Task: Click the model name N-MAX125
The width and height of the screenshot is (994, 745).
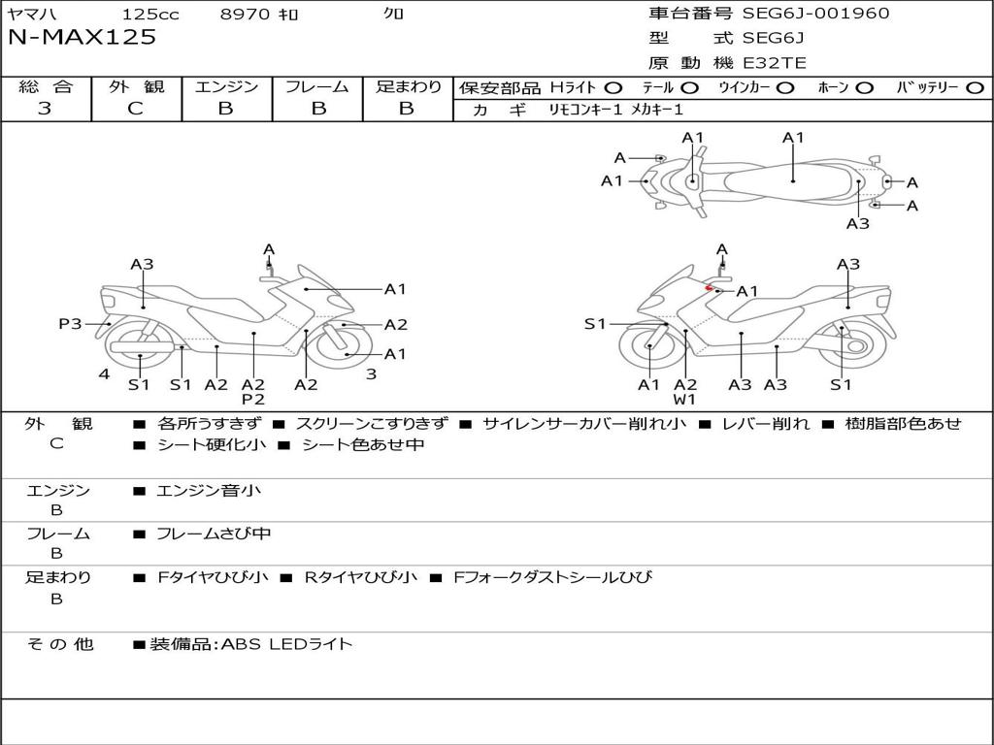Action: pyautogui.click(x=82, y=38)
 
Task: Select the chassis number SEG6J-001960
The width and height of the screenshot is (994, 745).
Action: pyautogui.click(x=815, y=14)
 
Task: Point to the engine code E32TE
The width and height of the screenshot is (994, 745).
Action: pyautogui.click(x=775, y=63)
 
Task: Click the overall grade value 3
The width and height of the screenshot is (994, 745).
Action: pyautogui.click(x=45, y=109)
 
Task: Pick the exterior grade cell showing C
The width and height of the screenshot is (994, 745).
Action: pyautogui.click(x=135, y=109)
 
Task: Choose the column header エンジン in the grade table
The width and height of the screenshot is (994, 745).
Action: pyautogui.click(x=226, y=87)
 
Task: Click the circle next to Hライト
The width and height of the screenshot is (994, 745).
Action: pyautogui.click(x=613, y=88)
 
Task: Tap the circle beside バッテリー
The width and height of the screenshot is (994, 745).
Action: pyautogui.click(x=975, y=88)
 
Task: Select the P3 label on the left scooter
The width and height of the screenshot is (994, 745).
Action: pyautogui.click(x=70, y=324)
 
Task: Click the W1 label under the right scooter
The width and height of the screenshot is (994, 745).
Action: pyautogui.click(x=685, y=399)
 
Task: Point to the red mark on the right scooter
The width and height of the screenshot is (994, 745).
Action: pyautogui.click(x=711, y=288)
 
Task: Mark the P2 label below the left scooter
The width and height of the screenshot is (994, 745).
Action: pyautogui.click(x=253, y=399)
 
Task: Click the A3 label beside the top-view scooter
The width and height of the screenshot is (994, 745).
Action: pyautogui.click(x=857, y=224)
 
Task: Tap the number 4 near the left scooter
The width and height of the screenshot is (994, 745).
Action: pyautogui.click(x=104, y=374)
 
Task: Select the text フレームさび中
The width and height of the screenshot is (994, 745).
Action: pyautogui.click(x=214, y=534)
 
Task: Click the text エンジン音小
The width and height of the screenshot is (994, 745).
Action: pyautogui.click(x=209, y=491)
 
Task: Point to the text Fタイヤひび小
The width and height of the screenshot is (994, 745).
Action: pyautogui.click(x=214, y=577)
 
